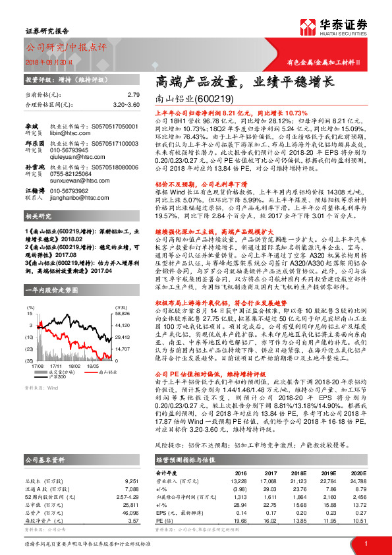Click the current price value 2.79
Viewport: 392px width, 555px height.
[134, 95]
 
